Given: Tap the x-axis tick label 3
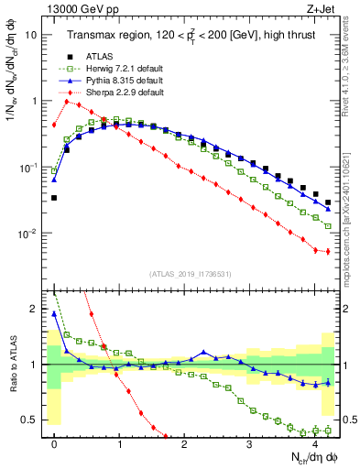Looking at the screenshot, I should pos(249,445).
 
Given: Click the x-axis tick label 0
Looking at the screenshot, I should pos(54,445).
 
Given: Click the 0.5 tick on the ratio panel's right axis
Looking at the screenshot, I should pos(349,420).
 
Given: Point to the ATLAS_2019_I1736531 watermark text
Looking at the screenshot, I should pos(189,273).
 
